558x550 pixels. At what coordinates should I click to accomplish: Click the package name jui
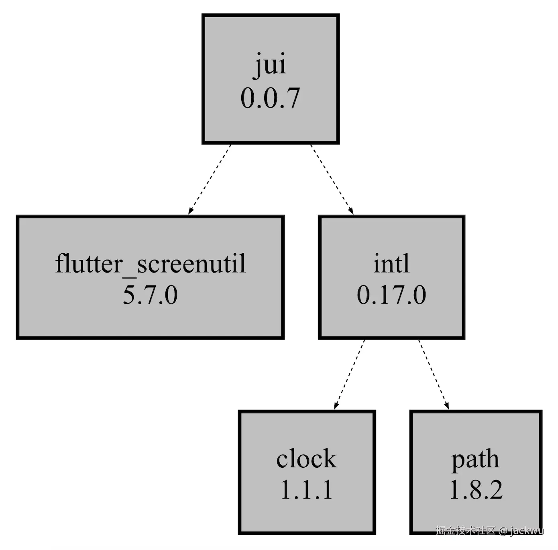(x=271, y=65)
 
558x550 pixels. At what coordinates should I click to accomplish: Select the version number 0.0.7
(x=270, y=99)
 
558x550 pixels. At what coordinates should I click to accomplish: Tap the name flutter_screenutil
(x=150, y=264)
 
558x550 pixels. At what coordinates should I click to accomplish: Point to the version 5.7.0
(x=150, y=295)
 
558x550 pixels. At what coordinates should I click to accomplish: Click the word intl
(x=391, y=263)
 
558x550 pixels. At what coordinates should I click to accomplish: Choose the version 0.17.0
(x=391, y=295)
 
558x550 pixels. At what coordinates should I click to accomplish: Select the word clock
(x=307, y=459)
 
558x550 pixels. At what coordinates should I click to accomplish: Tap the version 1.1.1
(x=307, y=490)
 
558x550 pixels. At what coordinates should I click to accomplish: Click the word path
(x=475, y=460)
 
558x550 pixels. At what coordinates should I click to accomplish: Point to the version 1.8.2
(x=476, y=490)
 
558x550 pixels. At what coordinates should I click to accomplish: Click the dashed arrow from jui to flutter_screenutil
(x=210, y=179)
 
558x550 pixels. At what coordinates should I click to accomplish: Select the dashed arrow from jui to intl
(x=332, y=179)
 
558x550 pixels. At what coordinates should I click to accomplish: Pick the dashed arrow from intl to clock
(x=349, y=375)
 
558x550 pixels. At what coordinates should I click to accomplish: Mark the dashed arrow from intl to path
(x=434, y=375)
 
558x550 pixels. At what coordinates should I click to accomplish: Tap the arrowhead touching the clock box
(x=336, y=406)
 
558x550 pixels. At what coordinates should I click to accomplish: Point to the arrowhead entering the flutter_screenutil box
(x=190, y=211)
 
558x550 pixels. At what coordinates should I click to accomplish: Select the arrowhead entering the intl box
(x=351, y=211)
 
